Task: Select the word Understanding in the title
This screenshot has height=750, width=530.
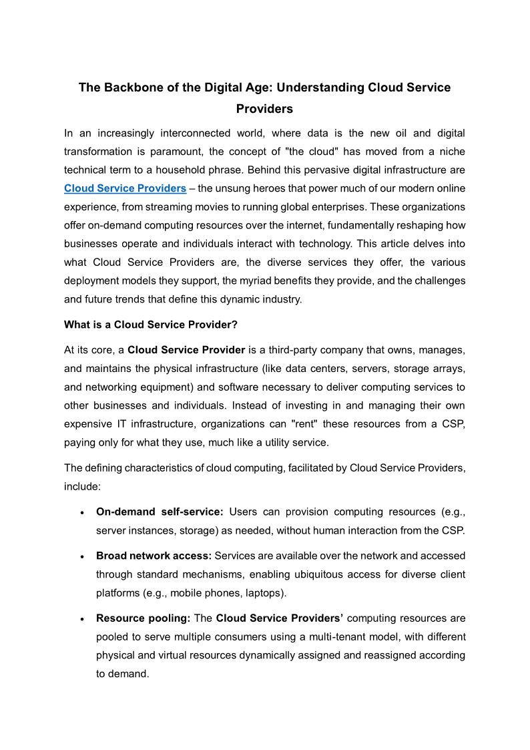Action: (x=320, y=87)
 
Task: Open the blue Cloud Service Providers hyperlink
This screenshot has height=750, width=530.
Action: (x=125, y=188)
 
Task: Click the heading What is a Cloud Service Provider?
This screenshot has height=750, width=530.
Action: (x=151, y=325)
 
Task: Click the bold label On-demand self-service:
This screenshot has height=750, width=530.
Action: (x=160, y=512)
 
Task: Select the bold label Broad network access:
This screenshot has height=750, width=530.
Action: (x=154, y=556)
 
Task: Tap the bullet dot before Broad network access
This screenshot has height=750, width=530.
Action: (x=81, y=556)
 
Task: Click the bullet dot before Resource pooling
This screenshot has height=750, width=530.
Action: (x=81, y=619)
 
